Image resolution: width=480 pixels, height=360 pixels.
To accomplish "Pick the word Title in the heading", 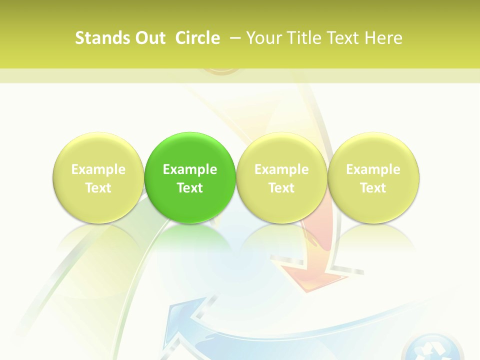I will point(303,38).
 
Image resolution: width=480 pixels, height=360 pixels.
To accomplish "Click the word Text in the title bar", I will point(343,38).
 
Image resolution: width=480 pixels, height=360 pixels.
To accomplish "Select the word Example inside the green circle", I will point(190,169).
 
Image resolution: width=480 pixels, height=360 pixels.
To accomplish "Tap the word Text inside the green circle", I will point(190,188).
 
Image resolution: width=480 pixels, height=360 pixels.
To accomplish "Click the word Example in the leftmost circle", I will point(98,169).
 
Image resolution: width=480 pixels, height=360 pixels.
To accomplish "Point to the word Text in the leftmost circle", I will point(98,188).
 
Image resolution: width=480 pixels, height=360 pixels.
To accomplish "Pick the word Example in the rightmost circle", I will point(373,169).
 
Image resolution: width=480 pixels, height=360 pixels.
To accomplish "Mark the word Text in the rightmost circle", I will point(373,188).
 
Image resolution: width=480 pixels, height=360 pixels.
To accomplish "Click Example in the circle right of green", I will point(281,169).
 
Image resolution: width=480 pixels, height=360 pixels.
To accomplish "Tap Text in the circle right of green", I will point(281,188).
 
